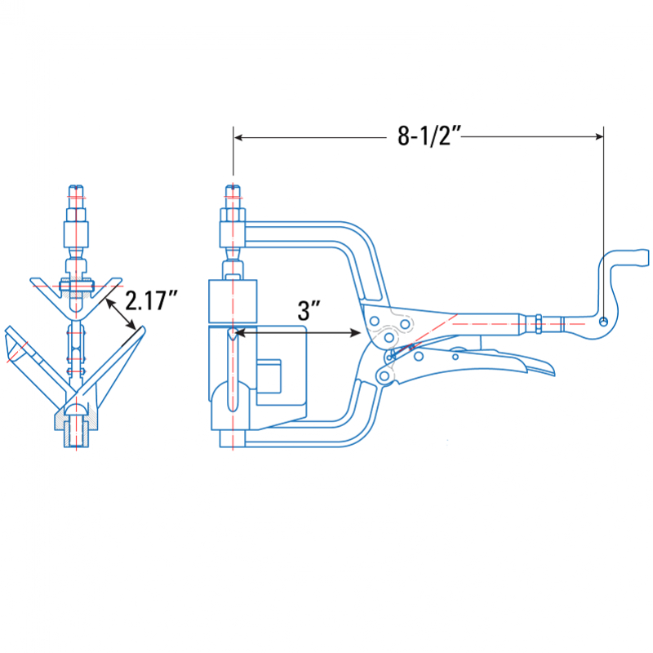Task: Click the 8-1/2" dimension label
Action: pos(429,135)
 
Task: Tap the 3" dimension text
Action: pos(309,310)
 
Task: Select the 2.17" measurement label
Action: pos(151,300)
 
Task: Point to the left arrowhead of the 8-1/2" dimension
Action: pos(238,137)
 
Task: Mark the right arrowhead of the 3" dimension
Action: pos(356,332)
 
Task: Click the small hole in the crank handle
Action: pos(603,321)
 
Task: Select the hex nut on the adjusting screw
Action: pos(539,323)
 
